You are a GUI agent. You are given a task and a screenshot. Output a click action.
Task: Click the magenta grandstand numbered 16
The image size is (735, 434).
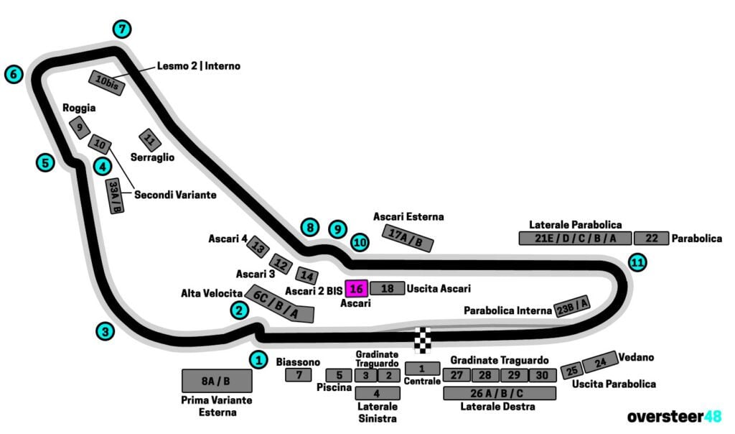pos(357,288)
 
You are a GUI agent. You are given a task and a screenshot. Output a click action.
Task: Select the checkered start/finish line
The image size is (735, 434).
pos(424,339)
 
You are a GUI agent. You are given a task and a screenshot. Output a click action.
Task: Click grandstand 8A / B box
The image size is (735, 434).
pos(217,381)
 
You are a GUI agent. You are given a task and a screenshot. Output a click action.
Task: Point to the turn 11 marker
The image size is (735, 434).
pos(637,262)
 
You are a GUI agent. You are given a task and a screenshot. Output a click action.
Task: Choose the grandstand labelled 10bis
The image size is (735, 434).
pos(107,83)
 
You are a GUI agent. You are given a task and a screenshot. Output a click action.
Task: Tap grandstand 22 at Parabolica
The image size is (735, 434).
pos(651,239)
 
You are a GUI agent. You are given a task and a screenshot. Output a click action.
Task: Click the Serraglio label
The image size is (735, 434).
pos(152,157)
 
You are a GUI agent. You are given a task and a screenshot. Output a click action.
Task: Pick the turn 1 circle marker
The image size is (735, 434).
pos(258,359)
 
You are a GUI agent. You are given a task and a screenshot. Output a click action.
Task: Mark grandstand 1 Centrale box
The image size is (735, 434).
pos(422,368)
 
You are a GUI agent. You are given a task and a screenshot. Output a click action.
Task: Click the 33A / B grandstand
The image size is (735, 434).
pos(115,196)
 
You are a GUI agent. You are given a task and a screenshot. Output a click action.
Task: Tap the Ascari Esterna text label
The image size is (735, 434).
pos(408,216)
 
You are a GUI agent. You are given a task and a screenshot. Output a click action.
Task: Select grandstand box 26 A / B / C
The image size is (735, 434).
pos(500,393)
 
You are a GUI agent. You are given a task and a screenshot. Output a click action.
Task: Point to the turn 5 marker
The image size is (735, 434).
pos(45,162)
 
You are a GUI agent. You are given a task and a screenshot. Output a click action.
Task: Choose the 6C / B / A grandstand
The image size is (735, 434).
pos(280,304)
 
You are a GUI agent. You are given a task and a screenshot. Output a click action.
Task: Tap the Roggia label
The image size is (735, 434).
pos(79,108)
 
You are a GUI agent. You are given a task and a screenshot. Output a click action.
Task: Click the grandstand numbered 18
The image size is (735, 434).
pos(388,288)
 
